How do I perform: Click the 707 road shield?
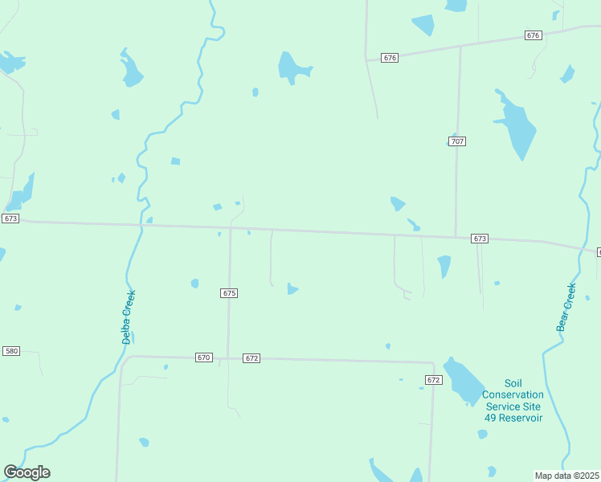coord(456,141)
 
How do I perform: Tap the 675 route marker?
coord(229,293)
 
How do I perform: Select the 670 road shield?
coord(203,357)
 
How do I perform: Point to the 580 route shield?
coord(11,351)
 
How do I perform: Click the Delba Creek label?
coord(129,317)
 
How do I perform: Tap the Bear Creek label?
coord(566,307)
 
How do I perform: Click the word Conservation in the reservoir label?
coord(513,394)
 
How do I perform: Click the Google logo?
coord(27,472)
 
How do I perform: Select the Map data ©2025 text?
coord(567,476)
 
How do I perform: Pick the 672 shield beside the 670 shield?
coord(251,358)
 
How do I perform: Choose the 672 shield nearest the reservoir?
coord(434,379)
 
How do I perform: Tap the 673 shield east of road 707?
coord(480,239)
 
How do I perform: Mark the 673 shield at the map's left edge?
coord(10,219)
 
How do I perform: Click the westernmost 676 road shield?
coord(390,58)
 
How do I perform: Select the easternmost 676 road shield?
coord(534,35)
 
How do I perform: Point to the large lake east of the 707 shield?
coord(516,127)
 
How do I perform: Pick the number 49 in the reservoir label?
coord(491,418)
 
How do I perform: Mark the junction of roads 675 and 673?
coord(231,227)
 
